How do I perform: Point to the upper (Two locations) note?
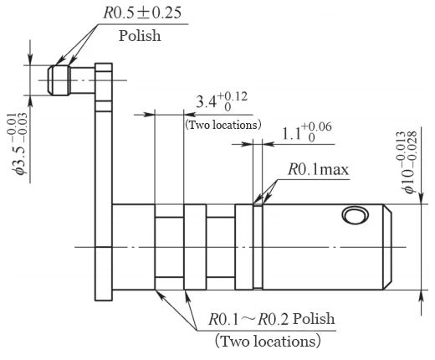pyautogui.click(x=223, y=125)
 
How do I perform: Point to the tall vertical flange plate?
pyautogui.click(x=104, y=184)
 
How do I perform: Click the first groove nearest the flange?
pyautogui.click(x=168, y=247)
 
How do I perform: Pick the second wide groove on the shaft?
pyautogui.click(x=220, y=247)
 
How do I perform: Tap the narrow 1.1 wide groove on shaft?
pyautogui.click(x=258, y=247)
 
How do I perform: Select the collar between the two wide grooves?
pyautogui.click(x=194, y=247)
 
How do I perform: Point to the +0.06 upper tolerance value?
pyautogui.click(x=319, y=125)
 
